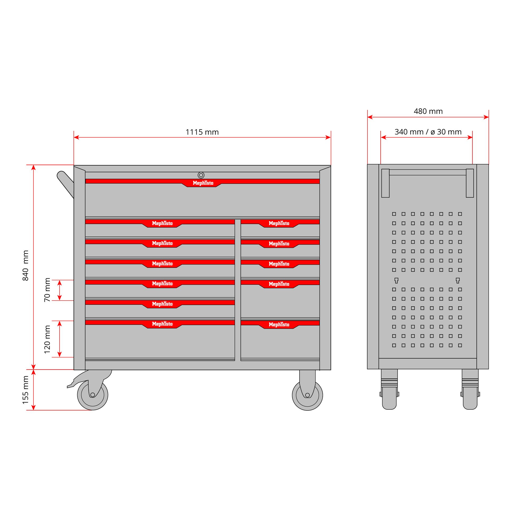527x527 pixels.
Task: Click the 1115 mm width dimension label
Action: (x=202, y=132)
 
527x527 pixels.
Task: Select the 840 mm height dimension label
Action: (x=25, y=265)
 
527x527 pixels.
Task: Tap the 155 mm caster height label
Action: (x=25, y=390)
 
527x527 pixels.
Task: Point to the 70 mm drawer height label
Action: (x=47, y=290)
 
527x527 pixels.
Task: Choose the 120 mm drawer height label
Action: (x=47, y=339)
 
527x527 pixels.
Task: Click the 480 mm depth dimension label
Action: (x=428, y=111)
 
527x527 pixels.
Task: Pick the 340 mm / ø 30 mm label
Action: (x=428, y=132)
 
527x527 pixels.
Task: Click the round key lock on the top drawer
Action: (x=201, y=175)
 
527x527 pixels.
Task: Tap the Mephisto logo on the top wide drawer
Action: (x=203, y=183)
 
